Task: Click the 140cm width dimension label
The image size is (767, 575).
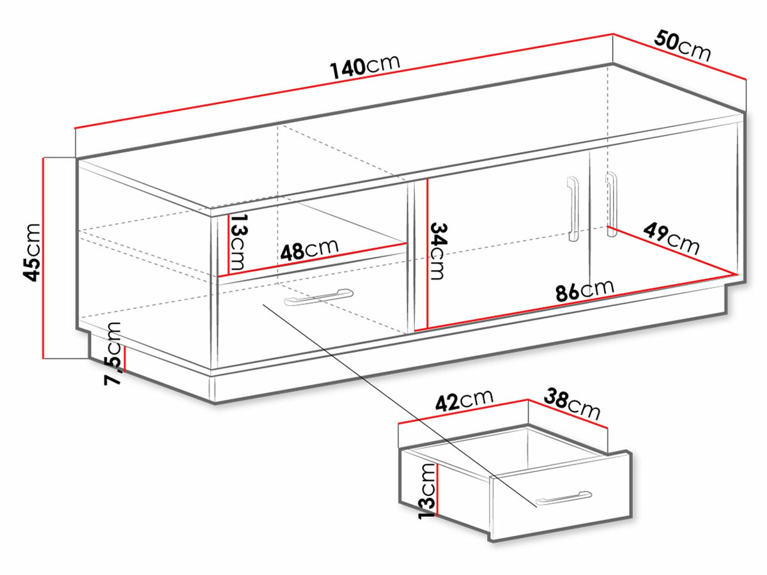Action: (365, 65)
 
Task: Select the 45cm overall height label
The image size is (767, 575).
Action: (30, 252)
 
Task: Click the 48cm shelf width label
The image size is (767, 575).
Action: (309, 249)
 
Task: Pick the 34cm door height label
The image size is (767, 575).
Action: (438, 250)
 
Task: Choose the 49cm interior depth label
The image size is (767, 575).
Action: (670, 237)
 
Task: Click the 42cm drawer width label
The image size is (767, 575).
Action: (464, 401)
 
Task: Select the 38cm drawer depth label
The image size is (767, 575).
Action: (572, 404)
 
